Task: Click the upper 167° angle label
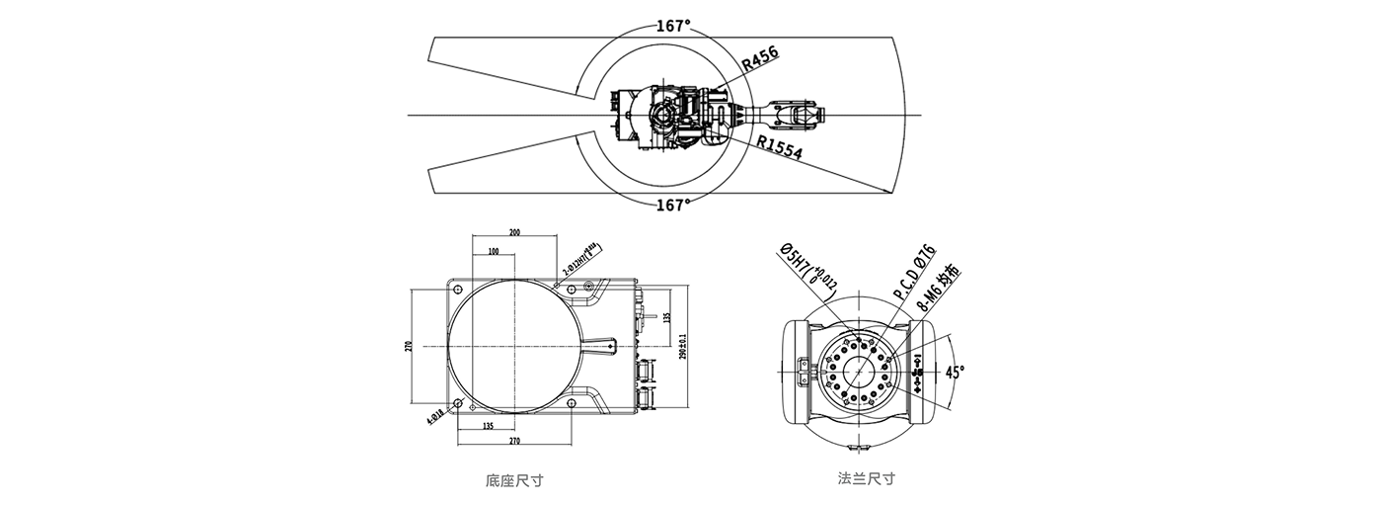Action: (673, 27)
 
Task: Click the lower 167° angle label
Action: (673, 205)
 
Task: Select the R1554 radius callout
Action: (780, 148)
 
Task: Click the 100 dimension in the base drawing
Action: (494, 252)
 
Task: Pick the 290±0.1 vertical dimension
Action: (682, 346)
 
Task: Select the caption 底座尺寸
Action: (514, 481)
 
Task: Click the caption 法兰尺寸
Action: (866, 478)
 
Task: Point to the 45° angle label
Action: (955, 373)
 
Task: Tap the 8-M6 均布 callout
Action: (939, 288)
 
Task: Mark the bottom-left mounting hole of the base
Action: (459, 402)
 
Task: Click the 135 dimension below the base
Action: (489, 426)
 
